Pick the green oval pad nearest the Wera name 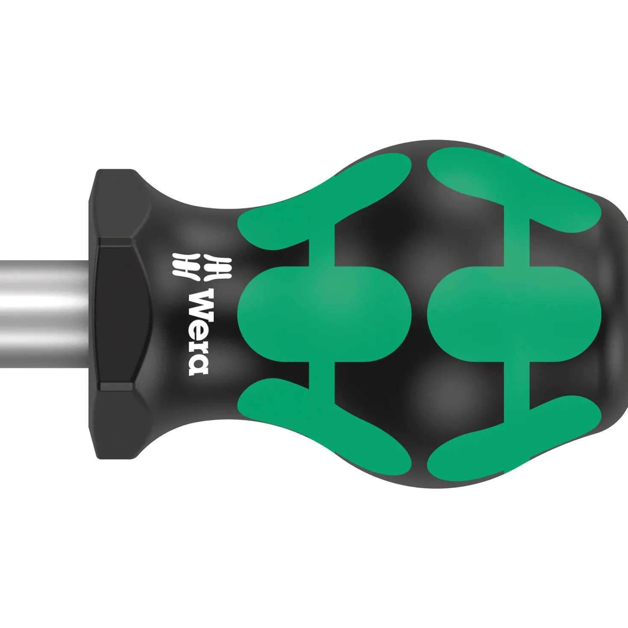[325, 314]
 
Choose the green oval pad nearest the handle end [514, 314]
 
